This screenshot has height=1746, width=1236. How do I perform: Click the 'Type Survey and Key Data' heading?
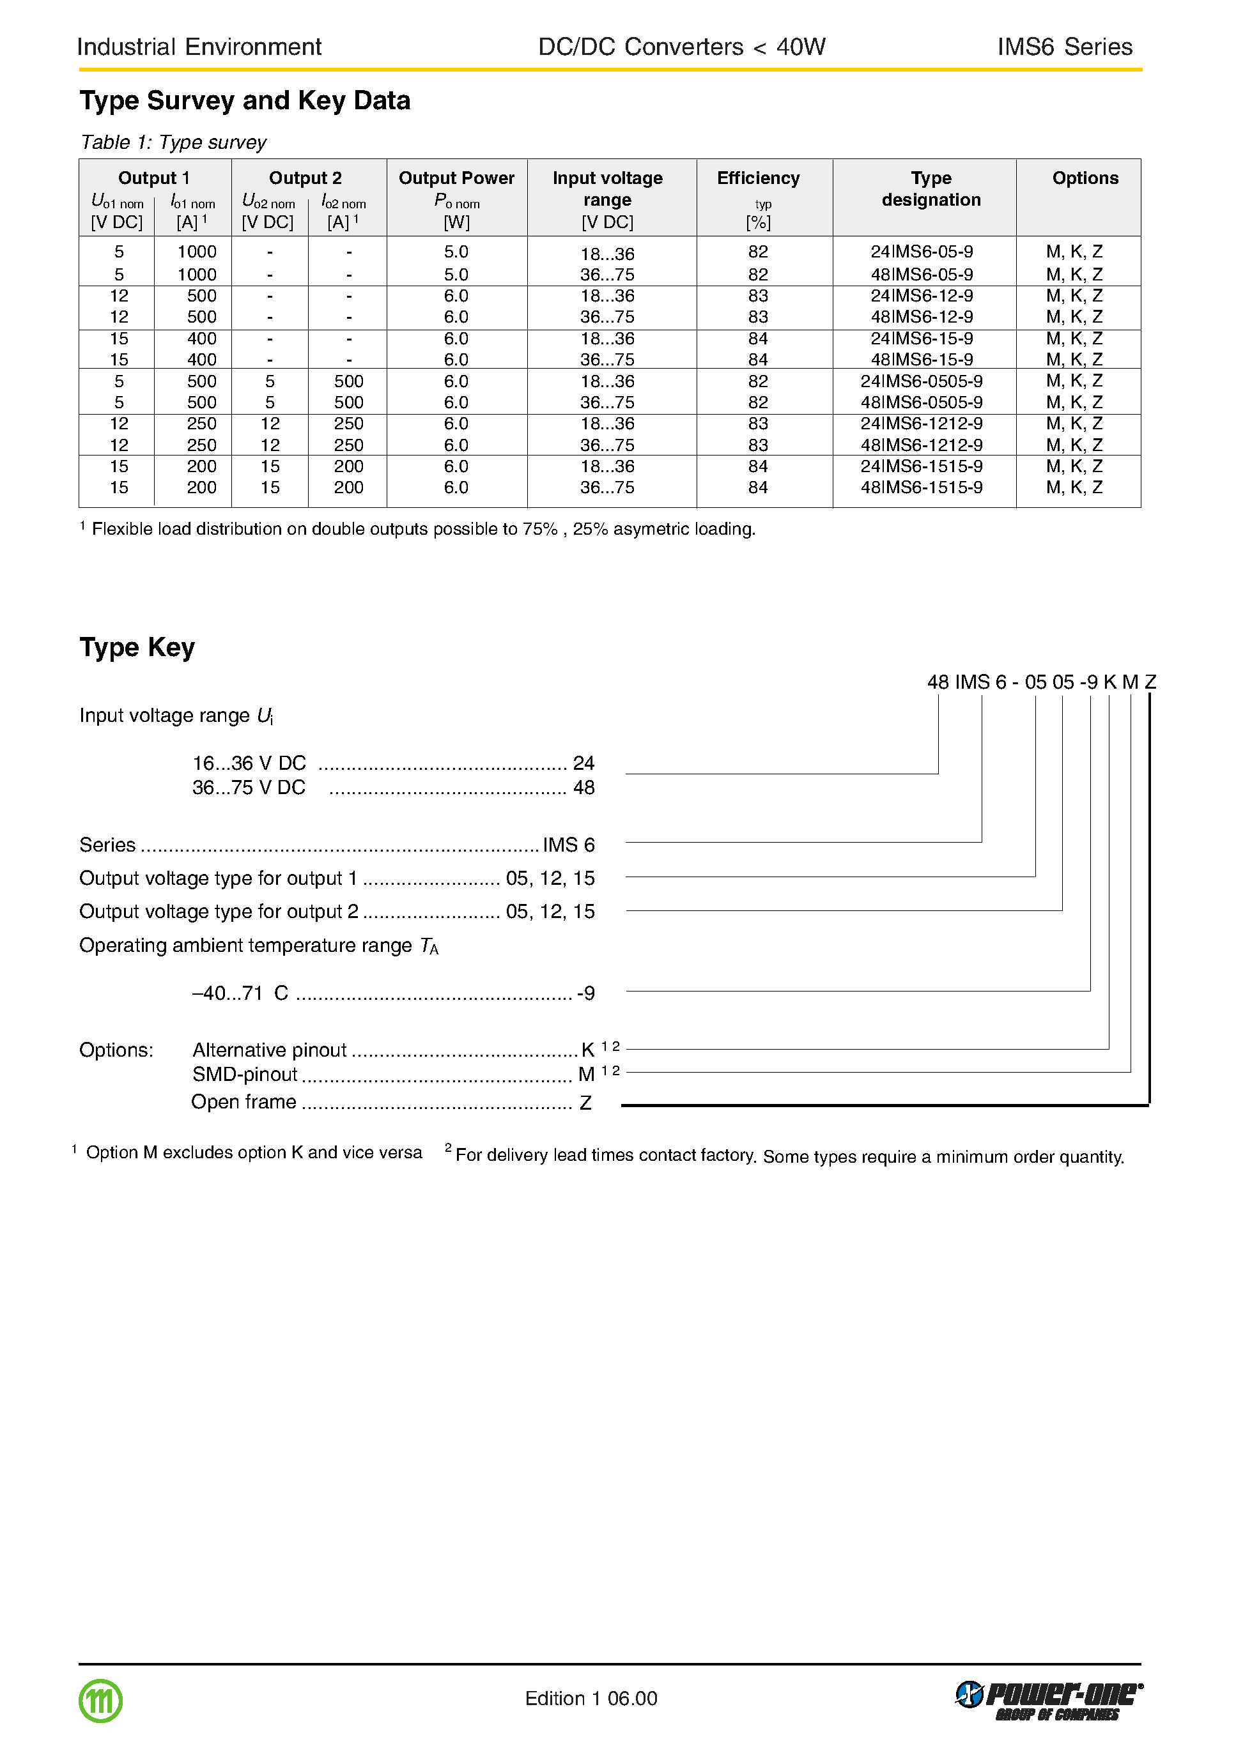click(244, 100)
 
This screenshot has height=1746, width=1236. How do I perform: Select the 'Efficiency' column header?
click(758, 178)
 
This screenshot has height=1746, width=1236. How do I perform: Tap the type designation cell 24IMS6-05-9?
click(921, 252)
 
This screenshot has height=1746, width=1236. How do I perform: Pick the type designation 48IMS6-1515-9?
click(921, 487)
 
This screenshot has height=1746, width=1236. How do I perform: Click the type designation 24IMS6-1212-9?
click(921, 424)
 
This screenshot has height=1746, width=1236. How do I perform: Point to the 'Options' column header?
click(1085, 178)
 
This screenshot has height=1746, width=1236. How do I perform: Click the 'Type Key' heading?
click(137, 647)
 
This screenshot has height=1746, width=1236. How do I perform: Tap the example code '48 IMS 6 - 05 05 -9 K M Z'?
click(1040, 682)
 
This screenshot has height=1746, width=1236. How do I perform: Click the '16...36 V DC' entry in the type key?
click(249, 763)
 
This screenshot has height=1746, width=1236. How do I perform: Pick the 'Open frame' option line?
click(243, 1101)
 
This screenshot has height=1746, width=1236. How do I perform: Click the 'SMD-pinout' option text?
click(244, 1074)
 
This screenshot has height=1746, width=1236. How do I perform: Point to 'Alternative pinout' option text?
click(270, 1050)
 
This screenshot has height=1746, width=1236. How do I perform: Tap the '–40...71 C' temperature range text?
click(240, 993)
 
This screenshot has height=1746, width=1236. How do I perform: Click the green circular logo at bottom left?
click(100, 1701)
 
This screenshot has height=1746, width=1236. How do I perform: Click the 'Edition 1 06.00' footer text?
click(591, 1699)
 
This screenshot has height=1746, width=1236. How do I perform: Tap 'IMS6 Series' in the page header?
click(1064, 47)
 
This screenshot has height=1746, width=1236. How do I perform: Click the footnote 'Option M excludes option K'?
click(254, 1153)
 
